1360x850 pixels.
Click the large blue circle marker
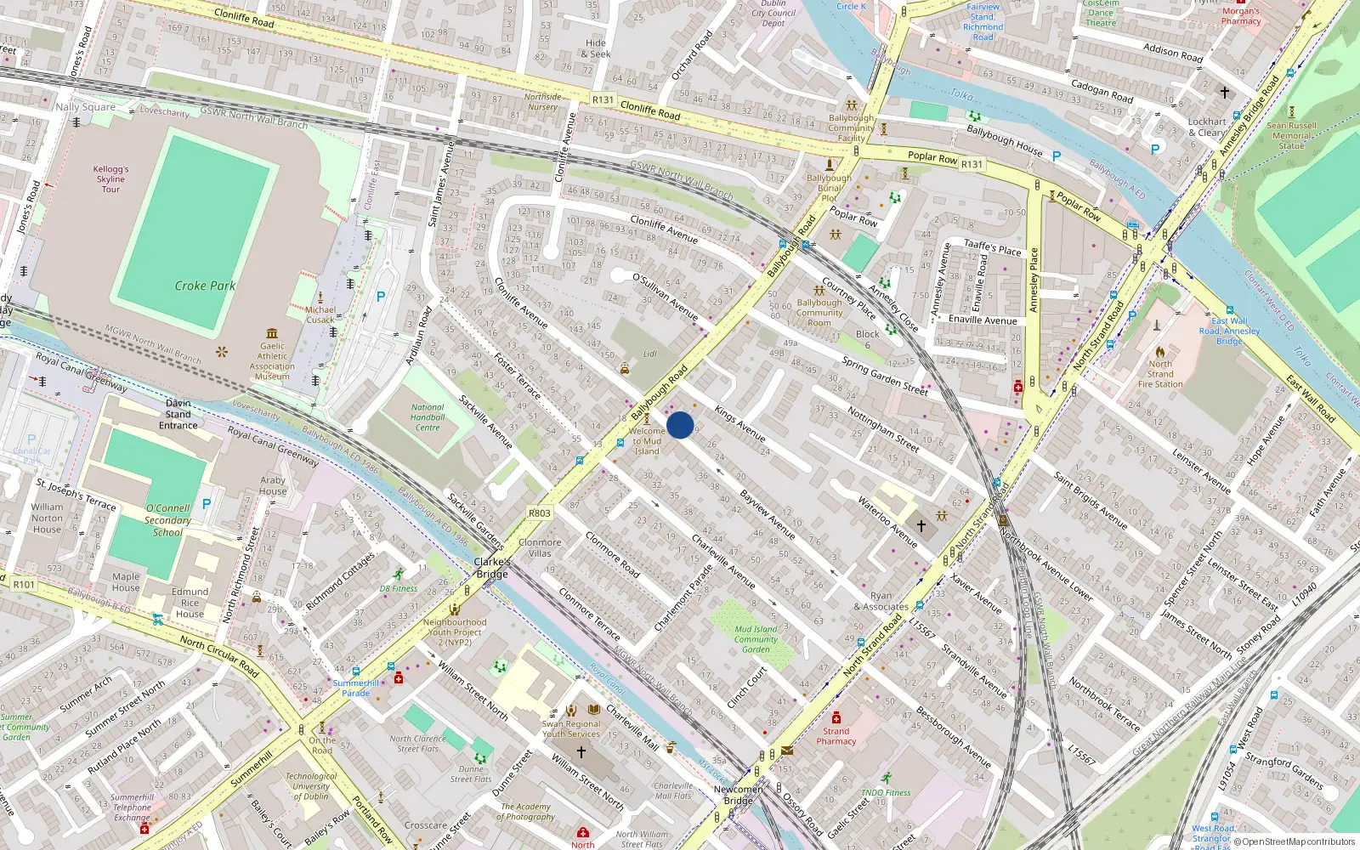[680, 425]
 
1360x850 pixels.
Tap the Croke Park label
[205, 286]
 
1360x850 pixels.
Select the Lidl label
[650, 354]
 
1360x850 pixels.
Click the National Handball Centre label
[428, 417]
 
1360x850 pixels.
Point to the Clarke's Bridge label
[492, 568]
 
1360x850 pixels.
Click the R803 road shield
[540, 513]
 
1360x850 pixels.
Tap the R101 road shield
[24, 585]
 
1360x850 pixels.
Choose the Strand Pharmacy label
[836, 736]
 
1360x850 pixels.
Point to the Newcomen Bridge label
[738, 795]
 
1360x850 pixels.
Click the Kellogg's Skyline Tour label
[110, 179]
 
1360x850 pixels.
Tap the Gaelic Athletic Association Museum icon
[272, 333]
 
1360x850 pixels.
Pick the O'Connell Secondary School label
[167, 520]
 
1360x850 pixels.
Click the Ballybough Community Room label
[819, 312]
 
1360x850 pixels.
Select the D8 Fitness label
[399, 588]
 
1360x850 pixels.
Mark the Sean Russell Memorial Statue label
[1291, 135]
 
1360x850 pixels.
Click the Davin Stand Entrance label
[178, 414]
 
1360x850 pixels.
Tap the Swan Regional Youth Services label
[571, 728]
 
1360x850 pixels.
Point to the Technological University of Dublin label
[311, 786]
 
